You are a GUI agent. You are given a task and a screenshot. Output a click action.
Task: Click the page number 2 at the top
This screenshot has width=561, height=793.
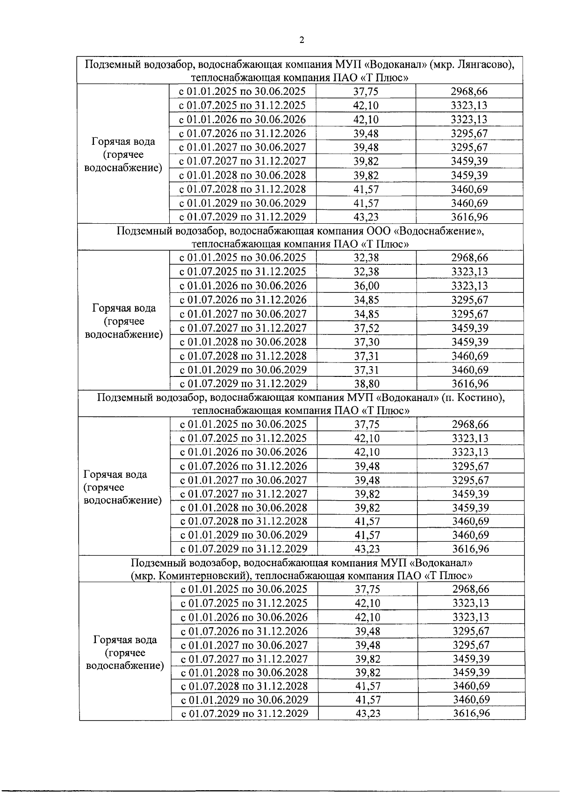click(x=302, y=40)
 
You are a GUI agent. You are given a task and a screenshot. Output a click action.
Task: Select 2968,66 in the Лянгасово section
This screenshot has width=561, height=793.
click(x=469, y=91)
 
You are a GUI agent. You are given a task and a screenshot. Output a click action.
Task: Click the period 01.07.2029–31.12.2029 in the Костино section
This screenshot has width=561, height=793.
click(x=244, y=548)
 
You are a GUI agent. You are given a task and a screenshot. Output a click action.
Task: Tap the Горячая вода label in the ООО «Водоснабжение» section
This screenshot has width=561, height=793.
click(x=124, y=308)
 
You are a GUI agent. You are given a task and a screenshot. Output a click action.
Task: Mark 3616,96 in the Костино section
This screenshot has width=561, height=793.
click(x=470, y=548)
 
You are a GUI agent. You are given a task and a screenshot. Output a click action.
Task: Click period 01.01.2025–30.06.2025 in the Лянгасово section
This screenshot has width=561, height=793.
click(x=243, y=91)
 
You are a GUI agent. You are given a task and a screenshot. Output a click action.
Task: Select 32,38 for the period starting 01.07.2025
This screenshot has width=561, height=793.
click(x=366, y=272)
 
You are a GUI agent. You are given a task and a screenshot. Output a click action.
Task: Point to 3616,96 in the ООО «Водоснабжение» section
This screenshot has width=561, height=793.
click(x=469, y=384)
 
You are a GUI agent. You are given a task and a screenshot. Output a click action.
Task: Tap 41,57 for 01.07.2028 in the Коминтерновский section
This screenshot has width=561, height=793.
click(x=367, y=686)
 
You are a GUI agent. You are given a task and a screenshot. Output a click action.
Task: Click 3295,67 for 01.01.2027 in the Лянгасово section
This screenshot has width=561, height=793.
click(x=469, y=148)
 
